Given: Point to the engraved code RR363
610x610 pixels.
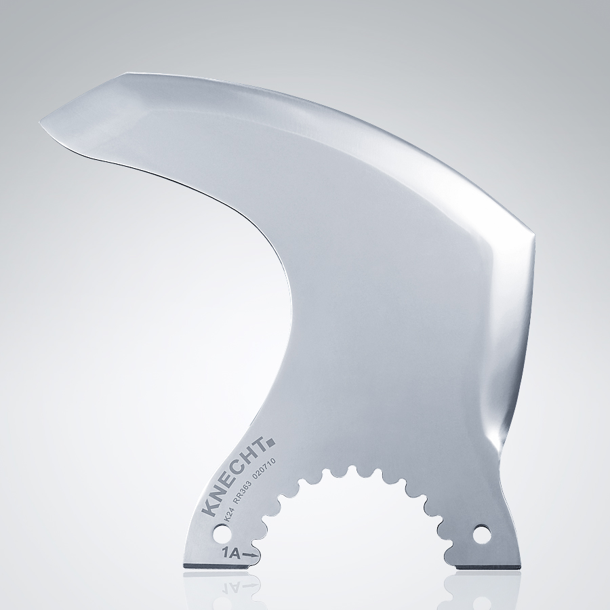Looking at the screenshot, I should coord(247,491).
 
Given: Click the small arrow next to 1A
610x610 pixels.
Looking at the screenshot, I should coord(250,555).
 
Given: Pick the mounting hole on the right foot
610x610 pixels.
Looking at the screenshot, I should coord(482,534).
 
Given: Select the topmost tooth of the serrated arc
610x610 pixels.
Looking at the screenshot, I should coord(352,469).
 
